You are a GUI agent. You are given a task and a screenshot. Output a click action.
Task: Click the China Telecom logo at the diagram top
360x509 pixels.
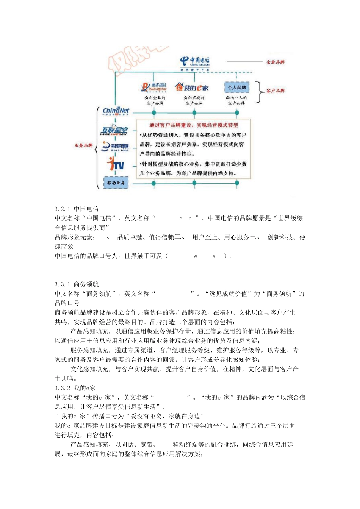point(195,62)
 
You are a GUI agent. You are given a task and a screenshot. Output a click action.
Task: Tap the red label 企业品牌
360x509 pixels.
point(275,62)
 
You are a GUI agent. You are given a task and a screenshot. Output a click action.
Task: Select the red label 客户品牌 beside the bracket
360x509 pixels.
point(275,91)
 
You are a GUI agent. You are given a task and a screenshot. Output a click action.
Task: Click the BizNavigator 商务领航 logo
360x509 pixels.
point(154,87)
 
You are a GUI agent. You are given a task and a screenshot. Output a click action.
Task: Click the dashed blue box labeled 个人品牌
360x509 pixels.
point(237,87)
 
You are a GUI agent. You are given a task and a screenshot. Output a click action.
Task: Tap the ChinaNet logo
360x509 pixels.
point(116,111)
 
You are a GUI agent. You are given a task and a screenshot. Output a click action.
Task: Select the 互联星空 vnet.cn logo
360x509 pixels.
point(114,130)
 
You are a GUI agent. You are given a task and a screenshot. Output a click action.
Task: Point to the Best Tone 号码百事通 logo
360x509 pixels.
point(116,147)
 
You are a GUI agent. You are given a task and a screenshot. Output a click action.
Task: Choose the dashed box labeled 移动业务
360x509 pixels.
point(116,183)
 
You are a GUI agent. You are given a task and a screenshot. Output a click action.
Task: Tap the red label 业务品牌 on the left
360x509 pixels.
point(83,145)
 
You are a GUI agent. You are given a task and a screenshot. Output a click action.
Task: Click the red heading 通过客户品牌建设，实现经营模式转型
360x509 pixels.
point(194,125)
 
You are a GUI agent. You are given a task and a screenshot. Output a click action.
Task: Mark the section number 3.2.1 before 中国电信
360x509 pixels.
point(63,209)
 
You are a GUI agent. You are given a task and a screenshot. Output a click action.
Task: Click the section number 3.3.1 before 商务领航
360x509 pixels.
point(63,284)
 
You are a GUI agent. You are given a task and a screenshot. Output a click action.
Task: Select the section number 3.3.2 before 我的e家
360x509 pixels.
point(63,388)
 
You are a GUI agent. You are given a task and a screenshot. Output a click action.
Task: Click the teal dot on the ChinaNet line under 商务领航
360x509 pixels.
point(154,112)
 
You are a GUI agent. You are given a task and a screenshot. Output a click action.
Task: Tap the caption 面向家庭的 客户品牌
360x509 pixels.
point(194,100)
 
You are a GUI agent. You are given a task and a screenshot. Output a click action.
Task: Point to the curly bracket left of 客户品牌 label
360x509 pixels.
point(260,92)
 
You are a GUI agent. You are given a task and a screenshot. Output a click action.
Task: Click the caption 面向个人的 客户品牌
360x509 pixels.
point(236,100)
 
